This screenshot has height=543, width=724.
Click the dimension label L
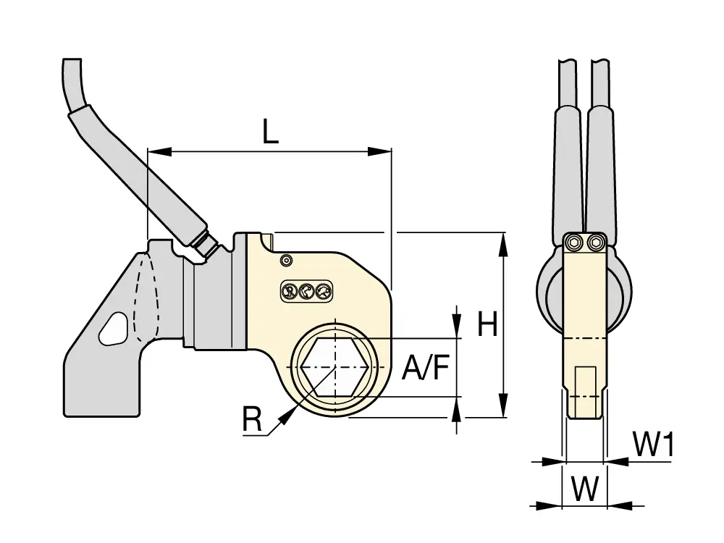tap(271, 131)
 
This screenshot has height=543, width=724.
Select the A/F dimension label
tap(426, 368)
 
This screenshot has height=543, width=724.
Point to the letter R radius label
tap(252, 420)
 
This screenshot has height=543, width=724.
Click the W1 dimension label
tap(652, 445)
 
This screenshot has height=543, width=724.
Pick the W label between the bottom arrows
tap(584, 488)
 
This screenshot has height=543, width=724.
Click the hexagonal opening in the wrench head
tap(334, 367)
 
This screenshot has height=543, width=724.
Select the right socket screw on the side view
tap(595, 243)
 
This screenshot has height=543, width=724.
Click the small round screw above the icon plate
tap(286, 261)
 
